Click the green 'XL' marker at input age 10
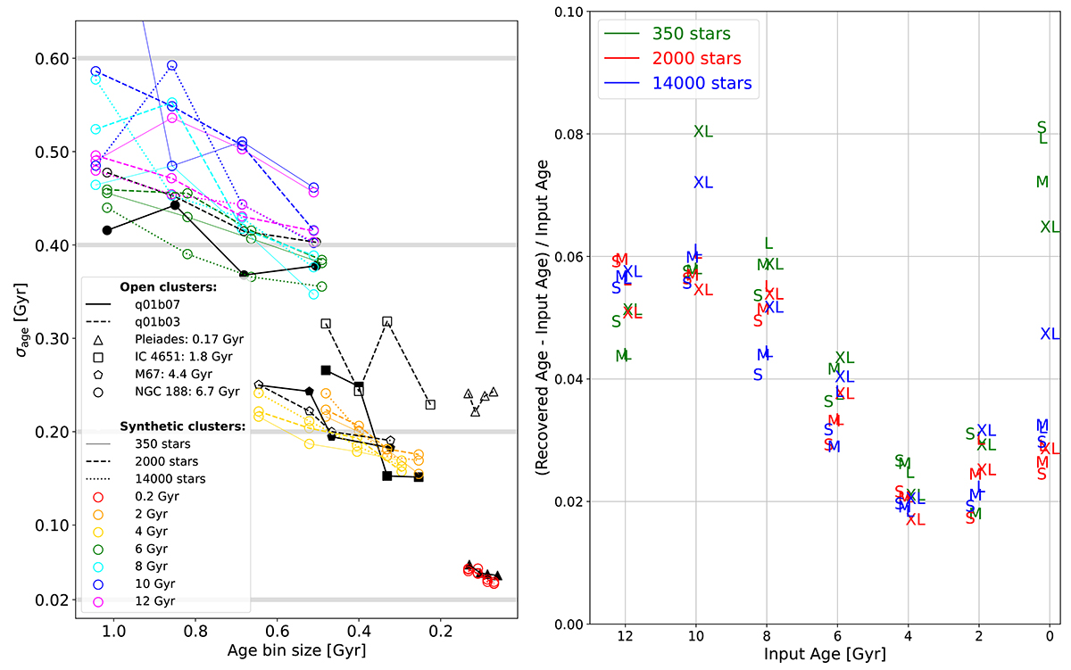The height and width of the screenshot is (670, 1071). click(x=703, y=132)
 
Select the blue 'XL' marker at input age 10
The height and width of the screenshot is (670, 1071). click(x=703, y=183)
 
